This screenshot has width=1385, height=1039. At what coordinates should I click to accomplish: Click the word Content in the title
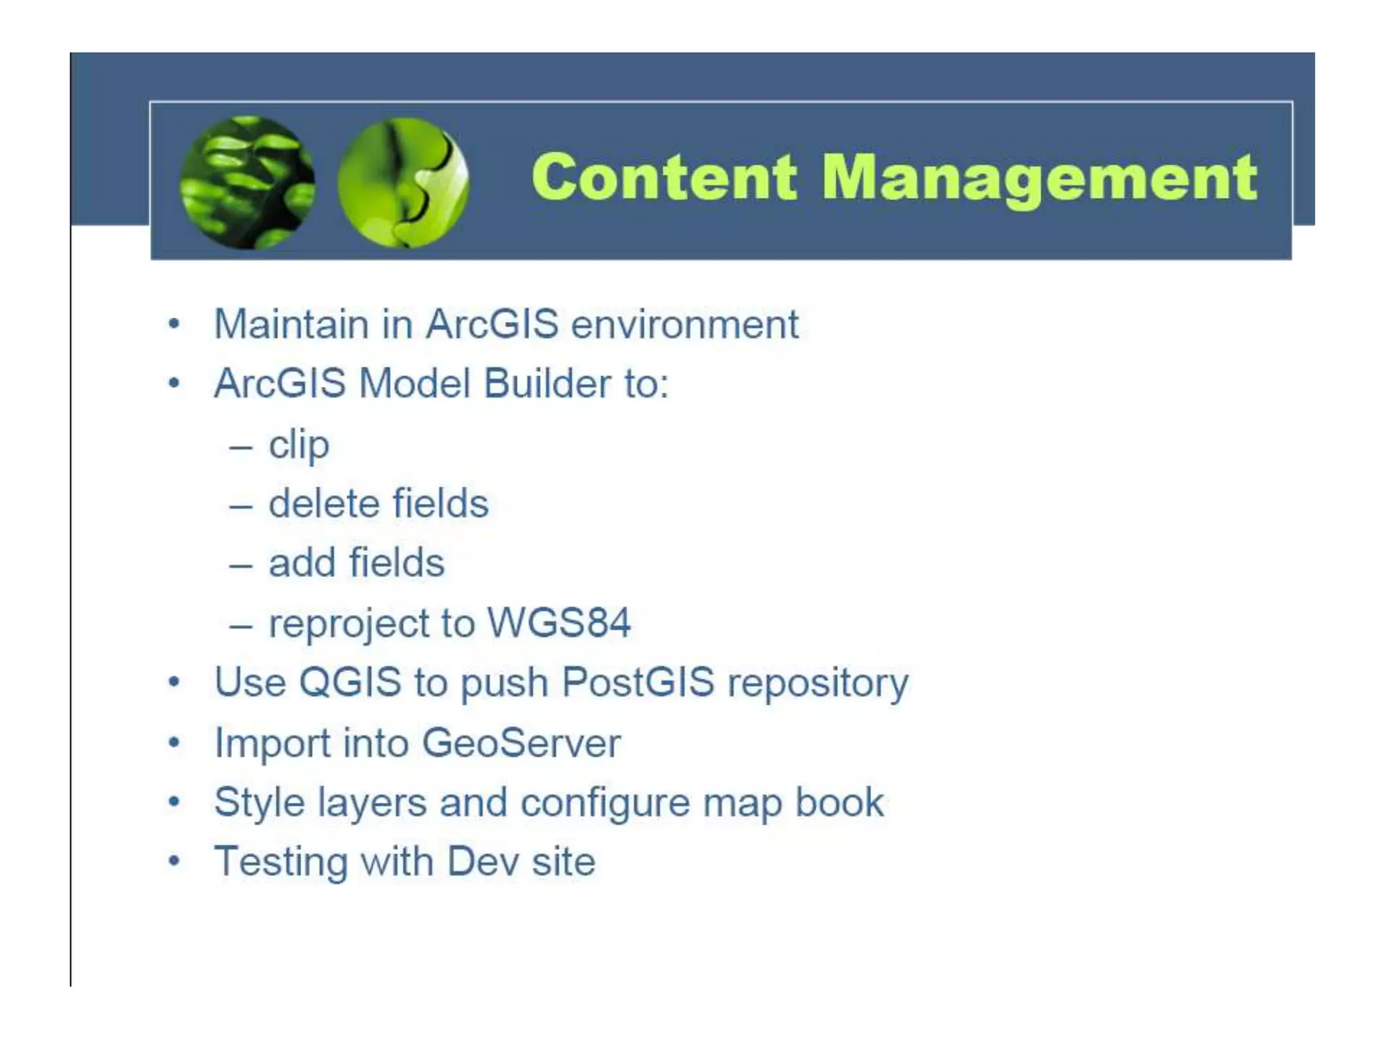[x=664, y=177]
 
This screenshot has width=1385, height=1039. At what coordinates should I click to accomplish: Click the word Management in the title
[x=1039, y=179]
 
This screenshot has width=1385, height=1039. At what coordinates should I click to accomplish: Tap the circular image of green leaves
[x=248, y=182]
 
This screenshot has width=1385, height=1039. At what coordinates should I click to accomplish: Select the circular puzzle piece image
[x=403, y=182]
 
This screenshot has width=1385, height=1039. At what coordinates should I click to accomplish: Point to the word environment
[x=684, y=324]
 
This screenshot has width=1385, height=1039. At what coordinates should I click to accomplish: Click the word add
[x=302, y=563]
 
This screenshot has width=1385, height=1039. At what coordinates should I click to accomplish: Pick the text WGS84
[x=559, y=622]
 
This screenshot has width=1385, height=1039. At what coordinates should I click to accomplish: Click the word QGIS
[x=350, y=682]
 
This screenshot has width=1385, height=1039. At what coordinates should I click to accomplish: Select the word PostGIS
[x=638, y=682]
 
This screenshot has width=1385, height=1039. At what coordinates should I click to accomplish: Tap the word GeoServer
[x=521, y=743]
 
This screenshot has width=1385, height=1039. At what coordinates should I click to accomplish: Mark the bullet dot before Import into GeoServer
[x=174, y=743]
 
